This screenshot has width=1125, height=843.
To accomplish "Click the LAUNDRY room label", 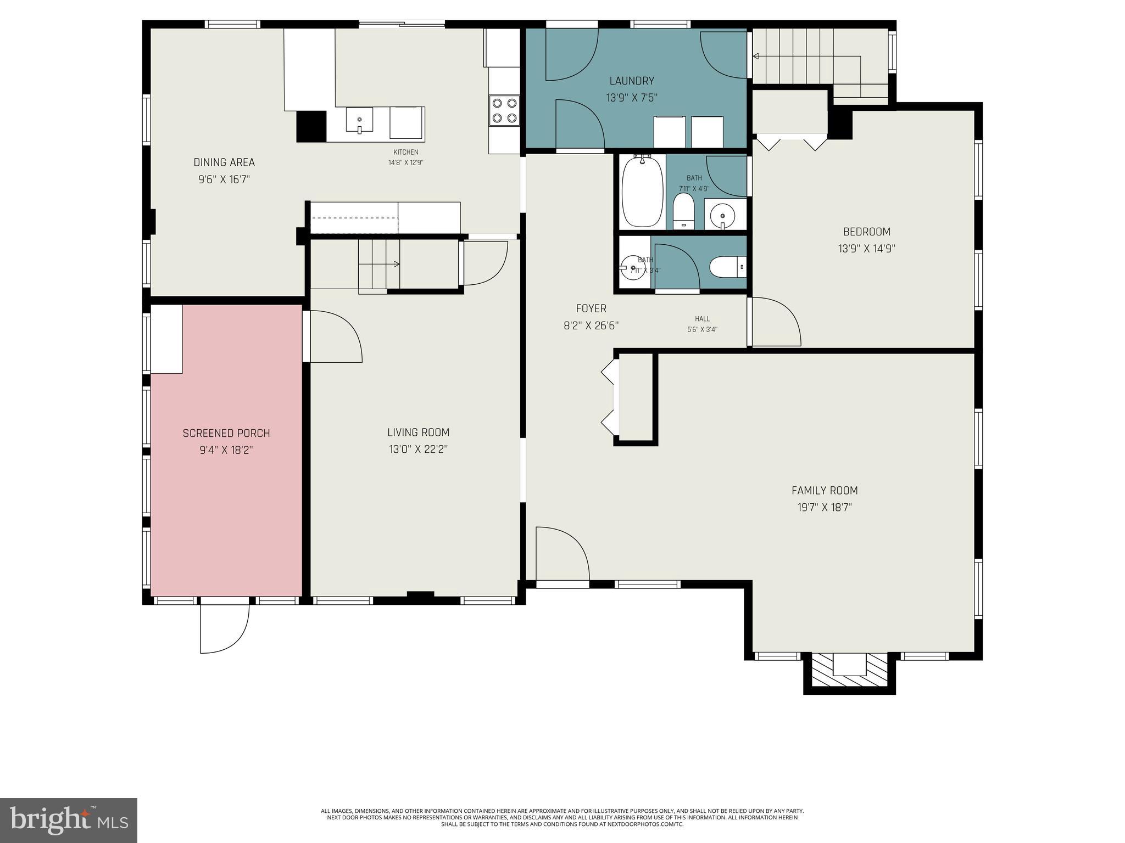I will point(632,81).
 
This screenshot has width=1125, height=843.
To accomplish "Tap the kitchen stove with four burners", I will point(504,110).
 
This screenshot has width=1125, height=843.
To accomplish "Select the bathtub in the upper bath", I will point(642,191).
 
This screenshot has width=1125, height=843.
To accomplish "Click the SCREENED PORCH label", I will point(226,433).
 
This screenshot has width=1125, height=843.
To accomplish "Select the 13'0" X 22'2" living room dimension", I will point(418,449).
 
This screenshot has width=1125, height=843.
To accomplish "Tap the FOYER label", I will point(591,308).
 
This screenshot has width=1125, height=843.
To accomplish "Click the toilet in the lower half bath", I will point(727,267).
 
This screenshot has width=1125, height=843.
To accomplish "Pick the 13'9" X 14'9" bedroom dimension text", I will point(866,249).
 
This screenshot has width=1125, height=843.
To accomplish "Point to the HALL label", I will point(702,319).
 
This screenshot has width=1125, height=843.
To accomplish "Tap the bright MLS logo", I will point(69,820).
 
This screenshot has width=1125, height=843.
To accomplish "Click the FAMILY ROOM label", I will point(824,491).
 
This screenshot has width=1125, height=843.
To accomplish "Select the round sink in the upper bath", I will point(723,215).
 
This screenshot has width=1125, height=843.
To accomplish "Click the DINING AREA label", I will point(224,162).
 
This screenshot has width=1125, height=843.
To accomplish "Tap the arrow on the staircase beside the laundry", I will point(756,56).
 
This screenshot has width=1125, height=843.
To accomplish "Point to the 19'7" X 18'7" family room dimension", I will point(824,508).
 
